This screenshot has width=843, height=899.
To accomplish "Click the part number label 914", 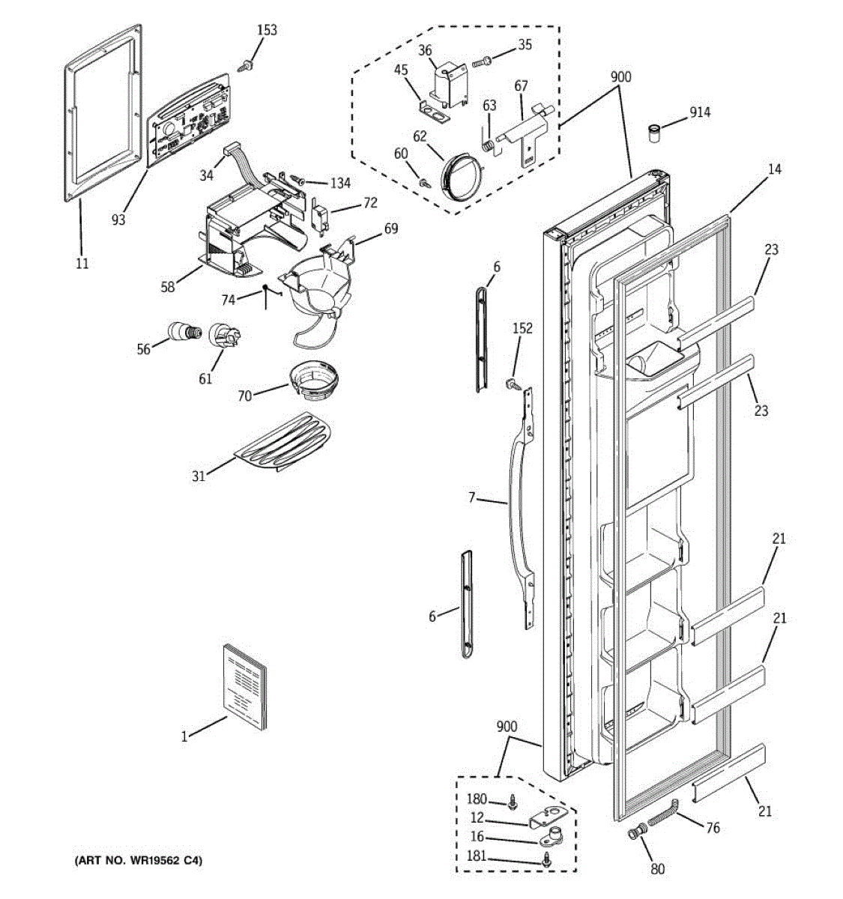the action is (700, 112).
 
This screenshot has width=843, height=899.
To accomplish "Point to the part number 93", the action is (118, 220).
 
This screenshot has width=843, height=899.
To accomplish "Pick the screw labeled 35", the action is (482, 61).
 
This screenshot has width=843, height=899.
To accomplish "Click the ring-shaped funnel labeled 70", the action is (315, 381).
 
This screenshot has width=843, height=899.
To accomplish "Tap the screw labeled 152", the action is (512, 384).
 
